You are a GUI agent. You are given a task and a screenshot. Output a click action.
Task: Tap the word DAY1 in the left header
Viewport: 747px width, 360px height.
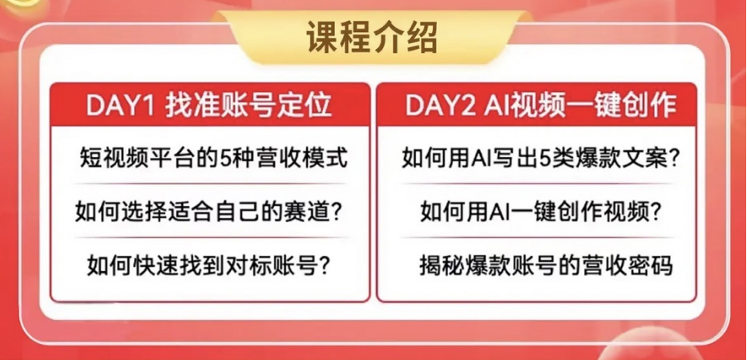[x=120, y=105]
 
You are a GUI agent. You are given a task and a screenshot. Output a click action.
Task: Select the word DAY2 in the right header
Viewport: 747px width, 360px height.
[x=441, y=105]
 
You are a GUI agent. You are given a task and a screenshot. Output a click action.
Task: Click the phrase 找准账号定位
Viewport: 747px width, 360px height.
[x=248, y=105]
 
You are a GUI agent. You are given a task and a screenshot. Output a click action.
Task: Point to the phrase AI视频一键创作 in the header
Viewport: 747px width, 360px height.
[x=580, y=105]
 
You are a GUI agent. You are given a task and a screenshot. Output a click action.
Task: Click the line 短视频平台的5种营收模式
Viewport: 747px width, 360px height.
[x=213, y=158]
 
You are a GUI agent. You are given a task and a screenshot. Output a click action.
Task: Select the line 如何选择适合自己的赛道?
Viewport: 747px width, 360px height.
[x=209, y=211]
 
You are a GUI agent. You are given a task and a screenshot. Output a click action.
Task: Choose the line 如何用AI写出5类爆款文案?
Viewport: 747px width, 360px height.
[x=540, y=158]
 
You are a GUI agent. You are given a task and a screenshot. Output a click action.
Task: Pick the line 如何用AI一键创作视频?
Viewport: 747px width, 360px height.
[x=540, y=211]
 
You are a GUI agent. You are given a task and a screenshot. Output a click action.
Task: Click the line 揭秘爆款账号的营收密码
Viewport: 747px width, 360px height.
[x=546, y=265]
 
